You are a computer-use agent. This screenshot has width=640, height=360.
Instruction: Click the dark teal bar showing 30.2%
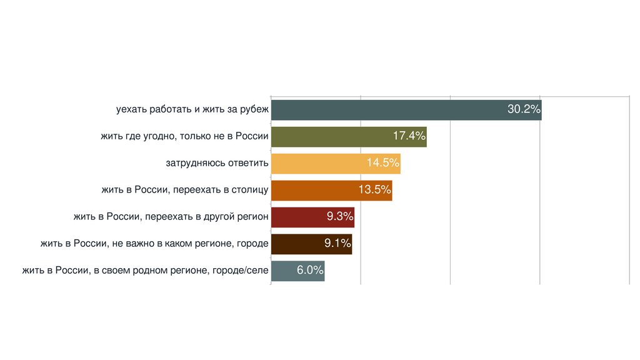[x=387, y=110]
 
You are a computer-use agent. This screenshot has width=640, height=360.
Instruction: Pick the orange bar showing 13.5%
[x=312, y=190]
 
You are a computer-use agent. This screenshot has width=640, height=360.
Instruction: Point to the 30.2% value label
[x=523, y=109]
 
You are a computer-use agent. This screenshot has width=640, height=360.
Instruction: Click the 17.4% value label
[x=409, y=136]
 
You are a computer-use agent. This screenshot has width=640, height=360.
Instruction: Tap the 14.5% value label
[x=382, y=163]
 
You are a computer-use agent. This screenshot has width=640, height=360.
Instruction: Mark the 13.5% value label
[x=374, y=190]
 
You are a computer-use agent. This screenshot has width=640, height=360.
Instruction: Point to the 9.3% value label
[x=340, y=217]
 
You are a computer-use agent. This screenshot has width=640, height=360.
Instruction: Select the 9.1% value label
[x=337, y=244]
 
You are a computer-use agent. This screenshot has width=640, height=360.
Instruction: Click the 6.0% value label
[x=310, y=271]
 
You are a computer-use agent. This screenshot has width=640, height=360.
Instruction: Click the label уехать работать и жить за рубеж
[x=192, y=110]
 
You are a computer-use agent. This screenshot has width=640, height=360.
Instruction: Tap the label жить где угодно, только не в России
[x=184, y=137]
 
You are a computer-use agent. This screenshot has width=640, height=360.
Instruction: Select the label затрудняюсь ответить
[x=217, y=164]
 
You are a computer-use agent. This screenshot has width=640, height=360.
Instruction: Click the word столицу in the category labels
[x=250, y=190]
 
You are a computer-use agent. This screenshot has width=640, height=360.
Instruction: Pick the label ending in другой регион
[x=171, y=217]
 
